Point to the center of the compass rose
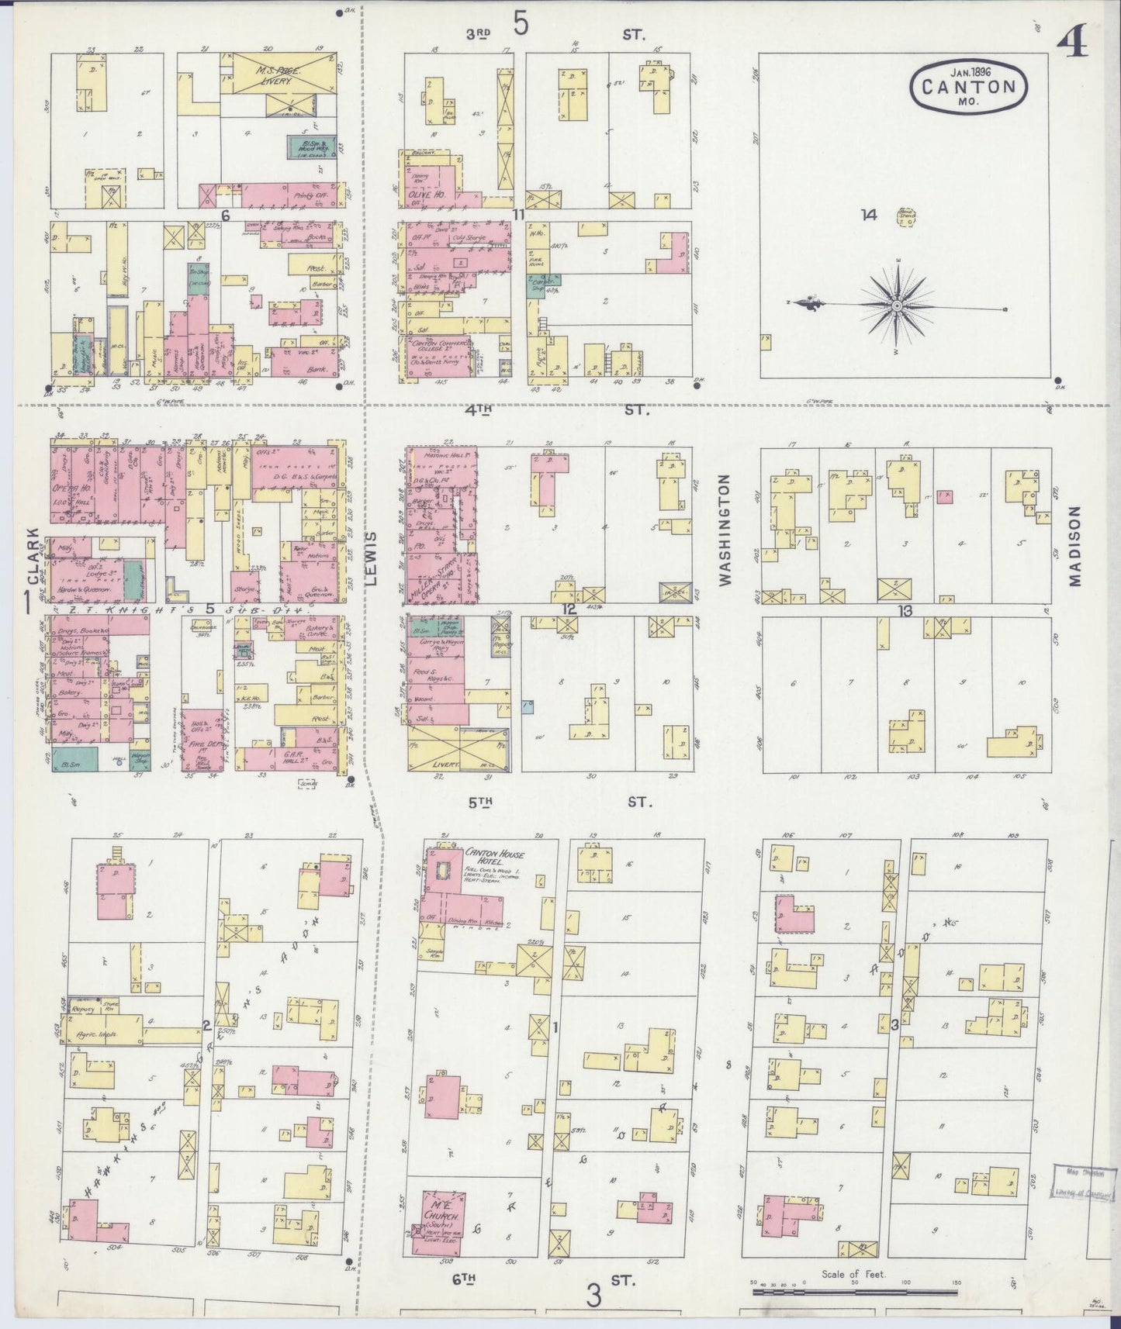pos(896,306)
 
